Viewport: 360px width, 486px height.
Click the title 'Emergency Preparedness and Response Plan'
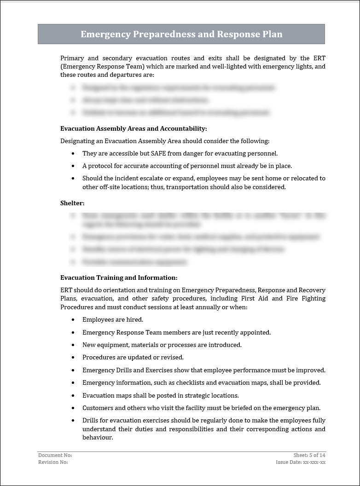[181, 35]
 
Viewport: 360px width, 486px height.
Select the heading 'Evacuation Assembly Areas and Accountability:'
[134, 128]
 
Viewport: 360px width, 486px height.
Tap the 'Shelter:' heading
[72, 203]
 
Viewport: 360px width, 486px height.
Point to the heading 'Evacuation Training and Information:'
[119, 278]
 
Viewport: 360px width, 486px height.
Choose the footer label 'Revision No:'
[53, 462]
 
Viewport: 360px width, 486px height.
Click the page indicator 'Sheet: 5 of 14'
[309, 455]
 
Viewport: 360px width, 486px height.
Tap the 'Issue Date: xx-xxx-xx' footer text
[301, 462]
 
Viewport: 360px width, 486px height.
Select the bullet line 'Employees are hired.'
[113, 319]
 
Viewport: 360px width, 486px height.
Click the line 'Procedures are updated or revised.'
[133, 357]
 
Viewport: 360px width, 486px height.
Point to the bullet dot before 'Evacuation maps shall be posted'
[73, 395]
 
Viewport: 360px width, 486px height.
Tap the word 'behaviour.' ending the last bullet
[98, 438]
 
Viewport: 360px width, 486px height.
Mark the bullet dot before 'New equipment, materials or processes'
[73, 345]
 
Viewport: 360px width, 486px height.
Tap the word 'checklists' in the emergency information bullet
[190, 382]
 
